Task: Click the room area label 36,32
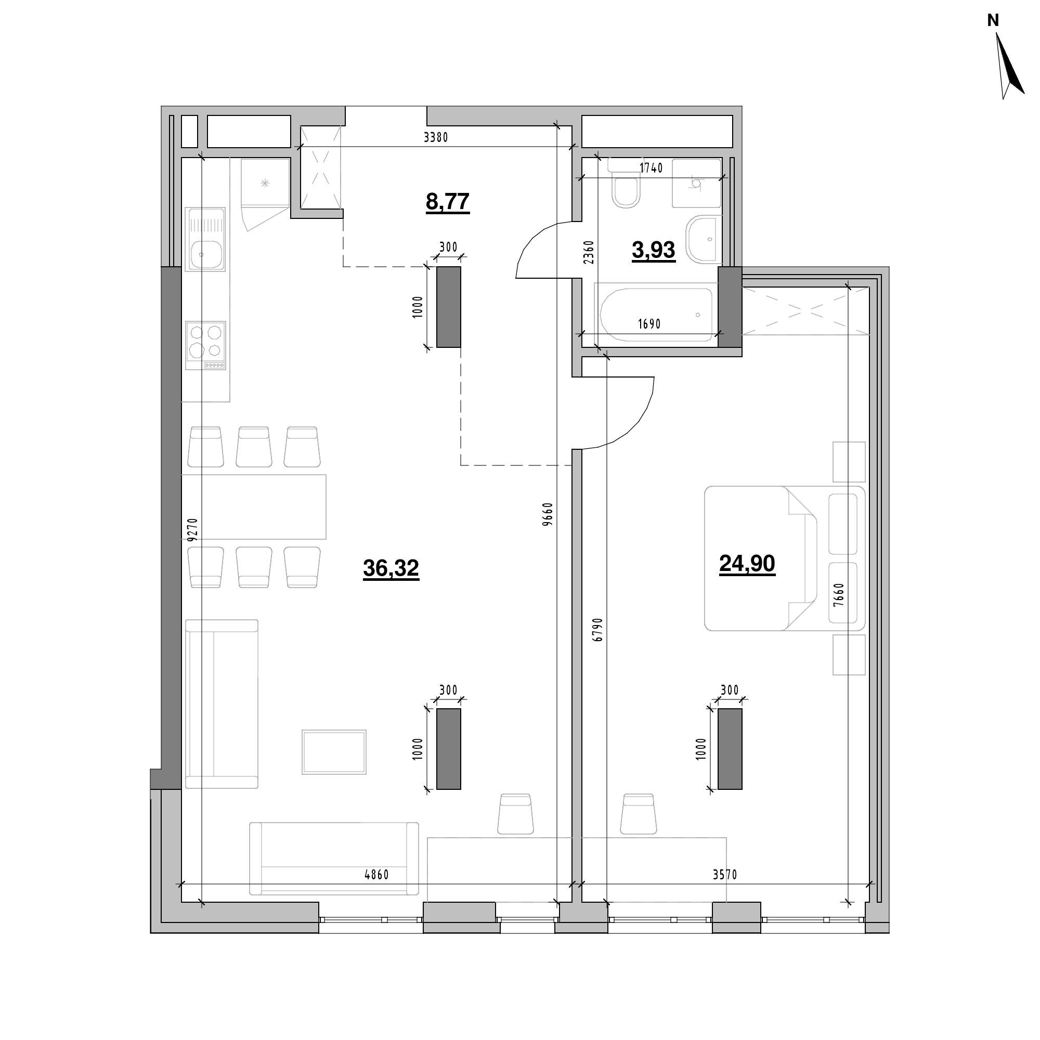pyautogui.click(x=391, y=568)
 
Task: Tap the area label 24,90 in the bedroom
pyautogui.click(x=747, y=564)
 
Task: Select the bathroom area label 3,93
pyautogui.click(x=653, y=250)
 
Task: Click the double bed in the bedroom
pyautogui.click(x=784, y=558)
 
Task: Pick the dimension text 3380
pyautogui.click(x=435, y=137)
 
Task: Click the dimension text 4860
pyautogui.click(x=376, y=875)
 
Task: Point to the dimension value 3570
pyautogui.click(x=724, y=875)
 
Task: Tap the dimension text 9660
pyautogui.click(x=548, y=514)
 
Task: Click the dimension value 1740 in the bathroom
pyautogui.click(x=651, y=168)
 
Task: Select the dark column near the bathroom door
pyautogui.click(x=448, y=307)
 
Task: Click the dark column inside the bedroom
pyautogui.click(x=730, y=749)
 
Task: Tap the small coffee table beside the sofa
pyautogui.click(x=334, y=752)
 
